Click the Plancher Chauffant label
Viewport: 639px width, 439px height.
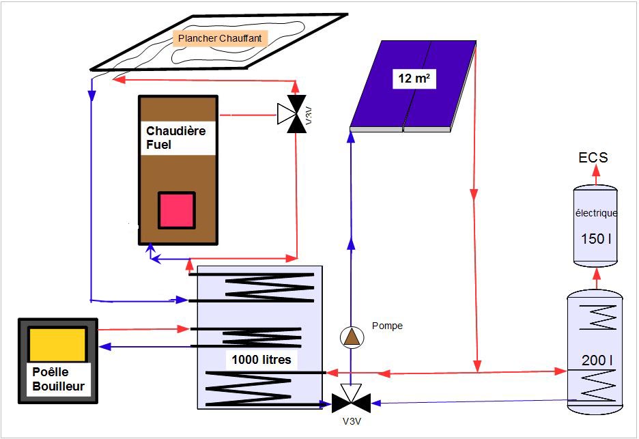(219, 39)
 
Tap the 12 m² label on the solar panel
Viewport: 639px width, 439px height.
(414, 79)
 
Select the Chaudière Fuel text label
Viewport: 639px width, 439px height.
(175, 137)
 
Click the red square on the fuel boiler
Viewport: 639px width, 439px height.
(177, 210)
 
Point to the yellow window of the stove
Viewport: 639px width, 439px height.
(58, 344)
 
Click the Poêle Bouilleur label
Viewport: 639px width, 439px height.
(58, 380)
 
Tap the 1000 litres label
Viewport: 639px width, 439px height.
(261, 360)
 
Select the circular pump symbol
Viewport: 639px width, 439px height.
(352, 337)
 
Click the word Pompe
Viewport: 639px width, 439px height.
(387, 326)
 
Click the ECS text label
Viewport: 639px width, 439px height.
(593, 158)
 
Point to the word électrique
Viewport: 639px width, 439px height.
(596, 213)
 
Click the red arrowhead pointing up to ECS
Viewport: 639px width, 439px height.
(595, 173)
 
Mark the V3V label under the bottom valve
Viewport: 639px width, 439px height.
(352, 421)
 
